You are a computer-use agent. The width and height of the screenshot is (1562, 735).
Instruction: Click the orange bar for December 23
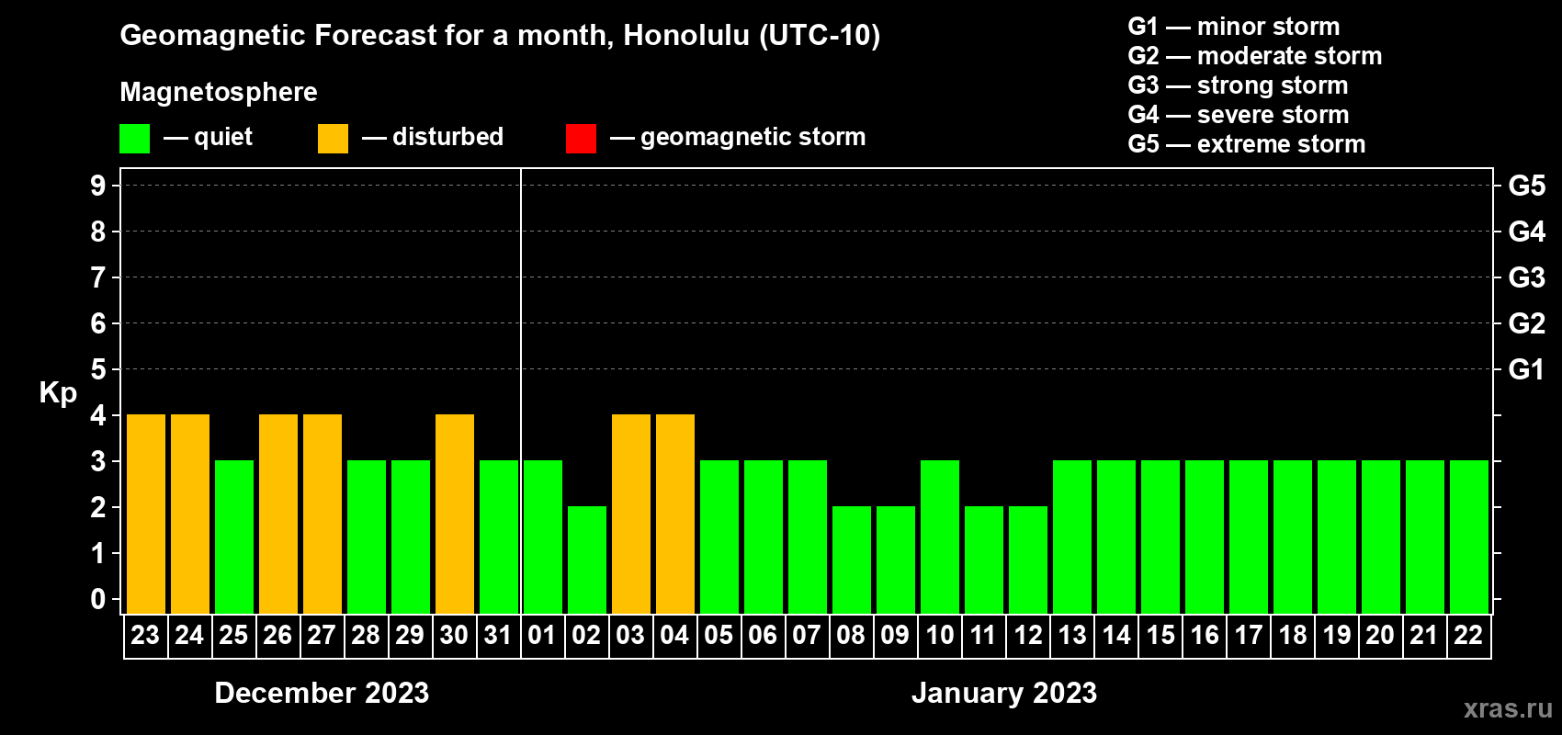[146, 514]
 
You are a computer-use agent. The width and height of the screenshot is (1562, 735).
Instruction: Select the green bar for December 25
[234, 537]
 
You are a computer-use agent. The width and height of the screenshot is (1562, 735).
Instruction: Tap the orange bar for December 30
[455, 514]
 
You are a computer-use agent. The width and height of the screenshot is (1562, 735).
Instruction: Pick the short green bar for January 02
[587, 560]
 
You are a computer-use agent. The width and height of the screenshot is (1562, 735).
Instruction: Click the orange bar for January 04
[675, 514]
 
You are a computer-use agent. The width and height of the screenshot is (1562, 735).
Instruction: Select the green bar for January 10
[940, 537]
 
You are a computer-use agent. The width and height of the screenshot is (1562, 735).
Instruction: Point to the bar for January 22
[1469, 537]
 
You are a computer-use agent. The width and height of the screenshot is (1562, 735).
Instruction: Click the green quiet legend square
[134, 138]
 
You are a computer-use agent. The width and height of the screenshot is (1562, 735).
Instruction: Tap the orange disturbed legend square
[333, 138]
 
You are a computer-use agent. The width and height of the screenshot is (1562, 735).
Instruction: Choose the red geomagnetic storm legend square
[581, 138]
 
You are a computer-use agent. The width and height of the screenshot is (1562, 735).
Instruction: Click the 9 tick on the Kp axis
[97, 186]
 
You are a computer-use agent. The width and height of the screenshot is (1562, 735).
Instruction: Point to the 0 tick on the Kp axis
[97, 599]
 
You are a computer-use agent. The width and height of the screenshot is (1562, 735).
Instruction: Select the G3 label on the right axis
[1526, 277]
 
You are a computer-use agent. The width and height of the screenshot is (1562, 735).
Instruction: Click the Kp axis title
[58, 393]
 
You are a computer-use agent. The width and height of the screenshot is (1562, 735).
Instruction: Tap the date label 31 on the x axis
[498, 635]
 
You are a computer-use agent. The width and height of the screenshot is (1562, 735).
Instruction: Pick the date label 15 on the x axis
[1160, 635]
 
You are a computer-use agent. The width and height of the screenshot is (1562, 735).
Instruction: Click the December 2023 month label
[322, 693]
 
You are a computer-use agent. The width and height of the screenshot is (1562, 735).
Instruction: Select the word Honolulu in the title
[686, 36]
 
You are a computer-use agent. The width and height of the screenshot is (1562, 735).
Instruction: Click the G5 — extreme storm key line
[1246, 144]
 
